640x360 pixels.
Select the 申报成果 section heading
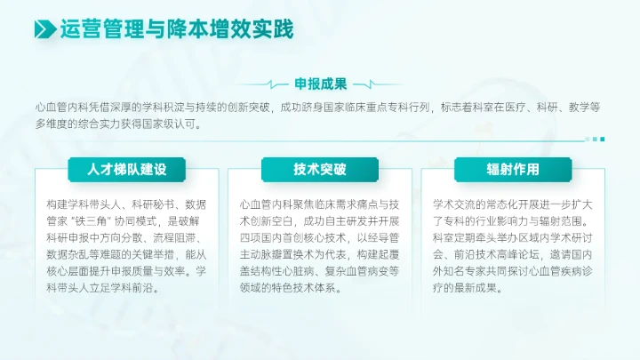[320, 84]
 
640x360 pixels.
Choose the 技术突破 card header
[320, 169]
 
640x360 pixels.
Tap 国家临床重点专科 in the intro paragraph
[366, 108]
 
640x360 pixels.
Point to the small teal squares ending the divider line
[598, 139]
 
